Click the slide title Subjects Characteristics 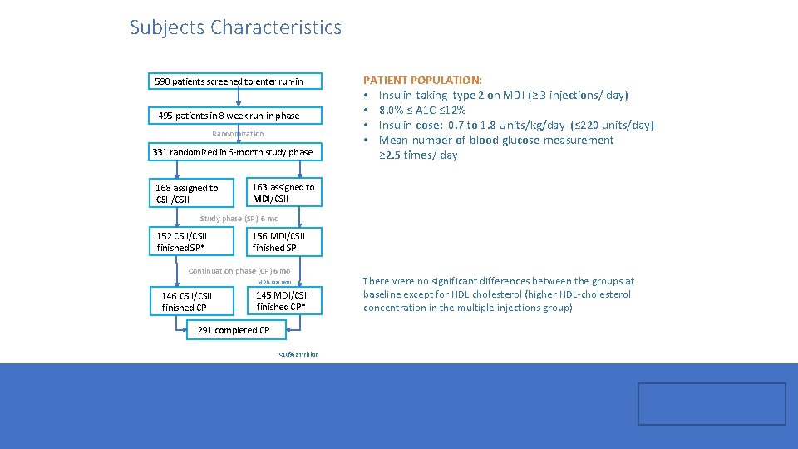tap(235, 27)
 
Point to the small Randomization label tap(238, 134)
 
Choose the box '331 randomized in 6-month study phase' tap(233, 152)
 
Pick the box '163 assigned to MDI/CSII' tap(283, 193)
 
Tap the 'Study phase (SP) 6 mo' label tap(239, 219)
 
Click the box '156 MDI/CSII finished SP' tap(283, 242)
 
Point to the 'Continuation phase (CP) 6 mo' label tap(239, 271)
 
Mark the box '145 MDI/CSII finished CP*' tap(283, 301)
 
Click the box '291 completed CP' tap(234, 330)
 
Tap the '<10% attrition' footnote tap(297, 355)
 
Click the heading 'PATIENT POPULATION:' tap(422, 80)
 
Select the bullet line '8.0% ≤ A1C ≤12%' tap(422, 110)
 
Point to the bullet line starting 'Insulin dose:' tap(515, 125)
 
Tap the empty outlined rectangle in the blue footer tap(712, 404)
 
